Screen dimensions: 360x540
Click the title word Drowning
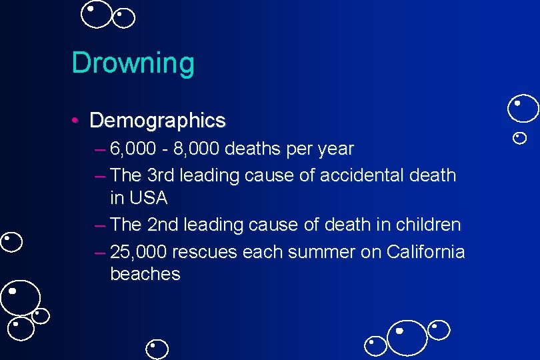click(133, 63)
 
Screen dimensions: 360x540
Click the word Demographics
click(157, 121)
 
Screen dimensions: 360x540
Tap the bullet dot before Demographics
click(77, 121)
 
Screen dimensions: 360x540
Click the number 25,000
click(139, 253)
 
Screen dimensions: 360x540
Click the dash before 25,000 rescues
click(100, 253)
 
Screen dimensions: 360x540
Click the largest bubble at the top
click(97, 15)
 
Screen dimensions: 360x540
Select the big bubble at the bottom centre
click(407, 338)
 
